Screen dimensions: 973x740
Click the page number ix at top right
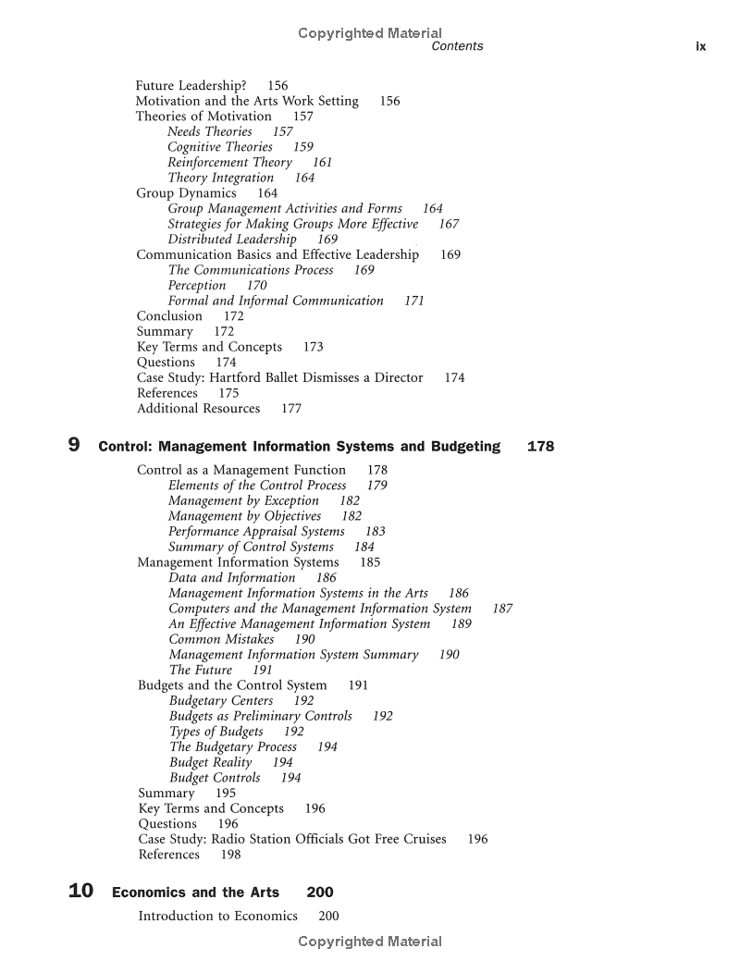[x=700, y=46]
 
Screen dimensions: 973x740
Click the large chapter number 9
[x=74, y=446]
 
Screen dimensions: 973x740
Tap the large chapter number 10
[x=81, y=892]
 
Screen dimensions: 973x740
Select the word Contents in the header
[x=457, y=46]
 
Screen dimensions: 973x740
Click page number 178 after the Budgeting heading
[x=540, y=447]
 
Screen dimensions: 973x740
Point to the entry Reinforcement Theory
[x=229, y=162]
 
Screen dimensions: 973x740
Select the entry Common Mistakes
[x=221, y=639]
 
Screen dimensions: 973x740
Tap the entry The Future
[x=200, y=670]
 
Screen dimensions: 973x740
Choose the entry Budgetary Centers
[x=221, y=700]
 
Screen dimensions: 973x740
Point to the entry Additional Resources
[x=198, y=408]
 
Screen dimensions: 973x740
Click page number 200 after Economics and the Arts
[x=320, y=893]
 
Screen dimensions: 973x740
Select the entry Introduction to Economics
[x=217, y=916]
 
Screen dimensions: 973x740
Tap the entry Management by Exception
[x=243, y=500]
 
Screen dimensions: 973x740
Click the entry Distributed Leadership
[x=232, y=239]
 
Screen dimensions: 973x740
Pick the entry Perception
[x=197, y=285]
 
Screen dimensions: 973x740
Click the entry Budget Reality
[x=211, y=762]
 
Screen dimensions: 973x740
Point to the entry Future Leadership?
[x=191, y=85]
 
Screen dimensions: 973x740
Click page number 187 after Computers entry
[x=502, y=609]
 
